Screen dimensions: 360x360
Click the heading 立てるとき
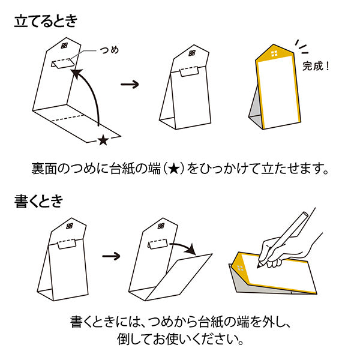point(45,22)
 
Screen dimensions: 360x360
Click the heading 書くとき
point(38,202)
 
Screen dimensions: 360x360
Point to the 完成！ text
point(316,65)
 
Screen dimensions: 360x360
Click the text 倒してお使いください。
point(180,339)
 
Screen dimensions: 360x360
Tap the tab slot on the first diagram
point(62,63)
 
